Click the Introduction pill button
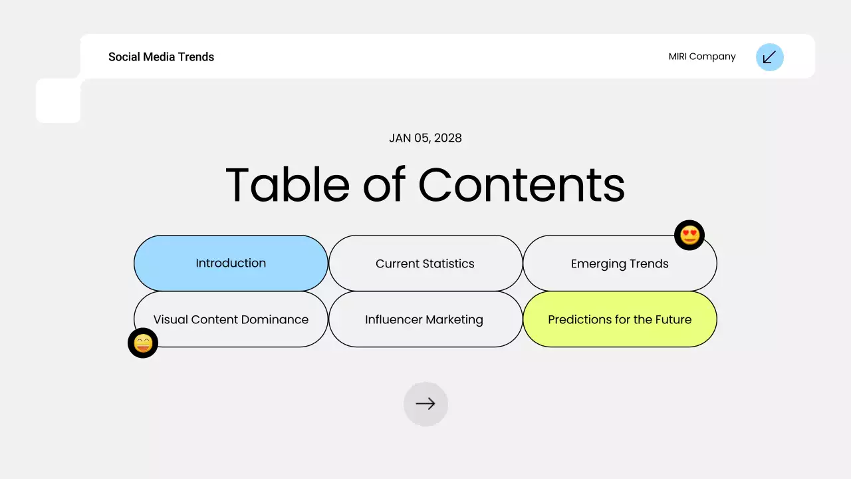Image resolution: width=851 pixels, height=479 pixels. click(231, 263)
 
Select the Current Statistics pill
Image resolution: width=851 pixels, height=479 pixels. click(425, 263)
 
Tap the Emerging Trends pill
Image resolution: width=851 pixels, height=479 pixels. click(620, 263)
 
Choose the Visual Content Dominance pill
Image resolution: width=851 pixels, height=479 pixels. click(231, 319)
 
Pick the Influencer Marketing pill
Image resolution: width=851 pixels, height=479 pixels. click(424, 319)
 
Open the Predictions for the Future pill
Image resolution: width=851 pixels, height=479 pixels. click(620, 319)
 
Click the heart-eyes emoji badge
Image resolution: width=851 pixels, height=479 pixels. click(689, 235)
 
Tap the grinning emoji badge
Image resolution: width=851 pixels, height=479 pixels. click(143, 343)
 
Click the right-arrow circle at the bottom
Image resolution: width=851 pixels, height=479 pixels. click(425, 404)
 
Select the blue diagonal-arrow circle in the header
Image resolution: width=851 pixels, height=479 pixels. click(770, 57)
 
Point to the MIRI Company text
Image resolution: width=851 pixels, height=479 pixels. click(702, 57)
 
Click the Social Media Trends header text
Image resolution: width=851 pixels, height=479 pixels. click(161, 57)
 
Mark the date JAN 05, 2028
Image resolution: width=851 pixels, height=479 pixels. click(425, 138)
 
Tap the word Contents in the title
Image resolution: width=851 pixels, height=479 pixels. click(522, 184)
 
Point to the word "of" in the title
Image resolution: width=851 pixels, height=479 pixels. click(384, 184)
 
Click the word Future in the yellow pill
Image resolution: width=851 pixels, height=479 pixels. click(673, 319)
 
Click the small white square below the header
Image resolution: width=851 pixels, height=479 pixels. click(58, 101)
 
